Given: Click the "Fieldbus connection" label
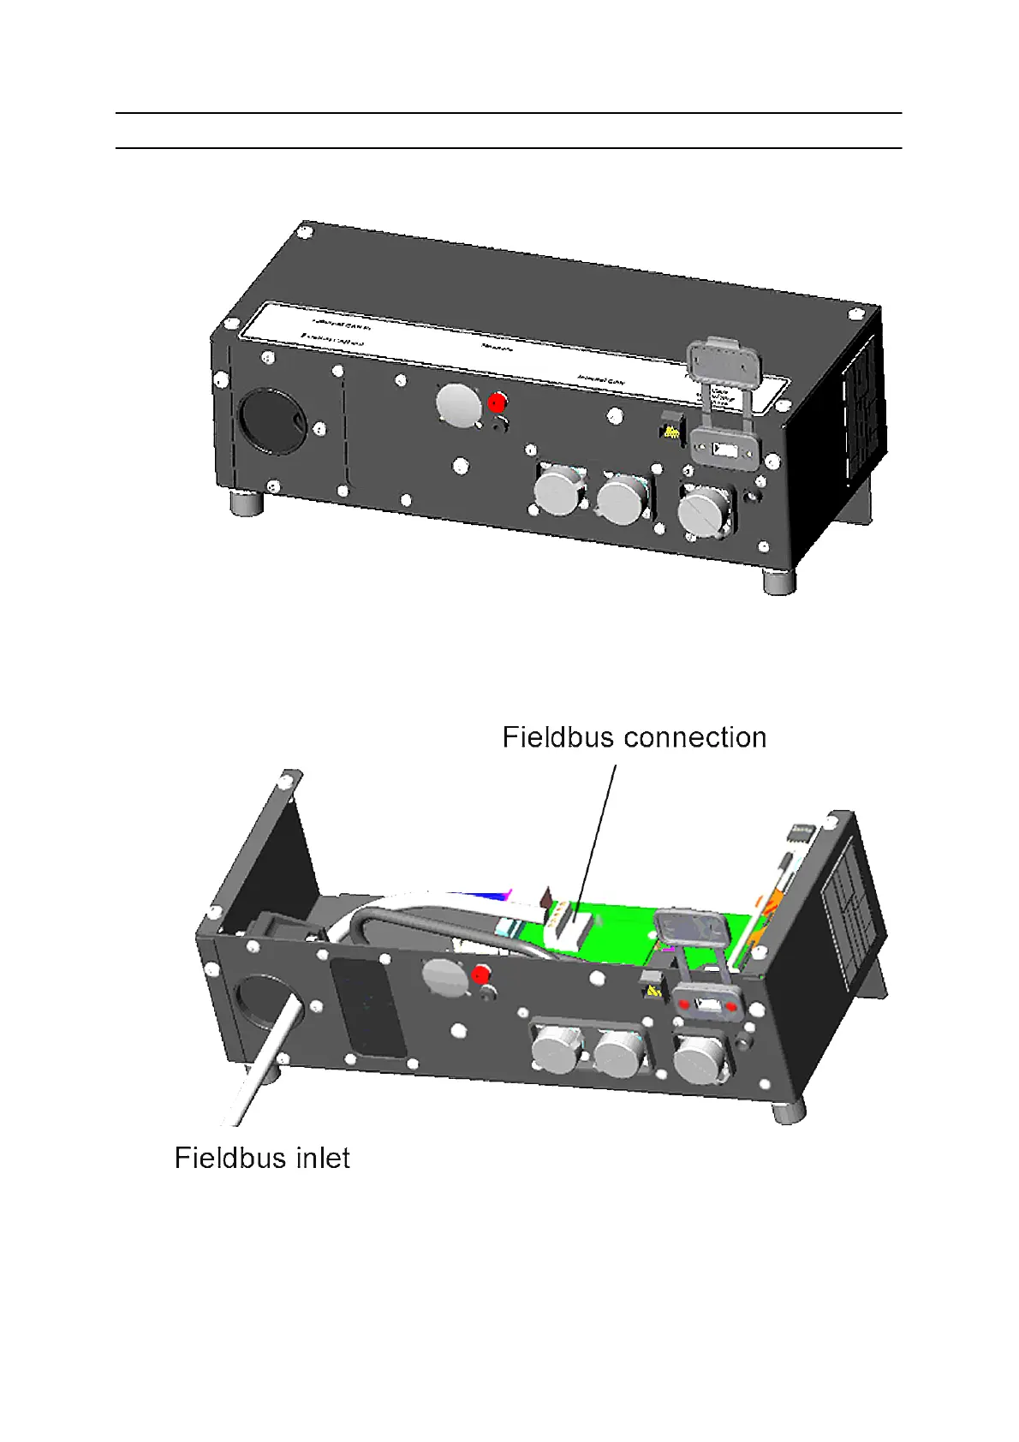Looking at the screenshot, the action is [634, 737].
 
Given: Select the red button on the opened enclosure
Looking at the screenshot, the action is [480, 974].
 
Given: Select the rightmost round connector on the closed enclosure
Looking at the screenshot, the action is [704, 513].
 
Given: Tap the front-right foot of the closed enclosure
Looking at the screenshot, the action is [778, 582].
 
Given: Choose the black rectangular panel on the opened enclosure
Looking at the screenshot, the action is [368, 1006].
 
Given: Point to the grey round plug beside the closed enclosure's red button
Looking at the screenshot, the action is [458, 404].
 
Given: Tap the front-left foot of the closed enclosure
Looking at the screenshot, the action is [248, 503].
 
